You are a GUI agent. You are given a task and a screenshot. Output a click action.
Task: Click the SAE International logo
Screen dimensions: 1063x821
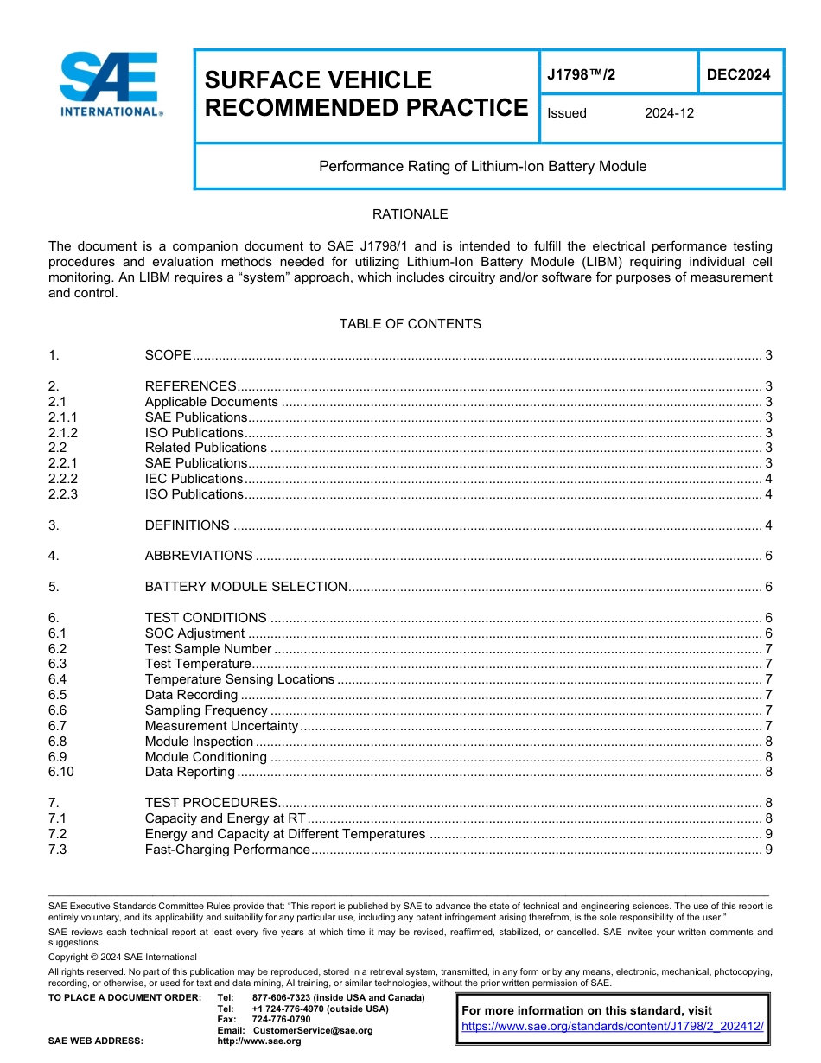111,85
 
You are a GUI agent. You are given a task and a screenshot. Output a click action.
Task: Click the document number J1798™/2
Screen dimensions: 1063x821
582,75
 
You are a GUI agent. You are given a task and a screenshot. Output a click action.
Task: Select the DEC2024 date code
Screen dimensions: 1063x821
738,75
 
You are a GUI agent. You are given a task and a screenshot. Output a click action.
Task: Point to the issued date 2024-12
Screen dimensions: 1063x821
669,113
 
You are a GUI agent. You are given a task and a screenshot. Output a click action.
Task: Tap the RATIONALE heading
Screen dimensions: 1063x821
410,214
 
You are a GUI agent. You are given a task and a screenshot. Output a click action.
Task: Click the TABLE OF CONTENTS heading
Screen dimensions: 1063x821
410,324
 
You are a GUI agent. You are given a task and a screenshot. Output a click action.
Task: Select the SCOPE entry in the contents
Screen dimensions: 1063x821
168,355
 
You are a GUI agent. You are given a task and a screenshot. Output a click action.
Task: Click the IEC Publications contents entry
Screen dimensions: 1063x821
194,479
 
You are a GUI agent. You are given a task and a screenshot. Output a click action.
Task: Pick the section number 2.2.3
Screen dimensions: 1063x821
63,494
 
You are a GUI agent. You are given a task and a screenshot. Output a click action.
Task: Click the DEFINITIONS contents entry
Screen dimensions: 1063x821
187,525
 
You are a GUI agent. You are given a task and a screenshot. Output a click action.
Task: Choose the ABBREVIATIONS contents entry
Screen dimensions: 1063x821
199,556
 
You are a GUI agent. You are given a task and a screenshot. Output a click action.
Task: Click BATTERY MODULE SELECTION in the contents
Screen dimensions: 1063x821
245,587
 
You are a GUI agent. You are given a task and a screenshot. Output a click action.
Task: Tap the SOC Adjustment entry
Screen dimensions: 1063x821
194,633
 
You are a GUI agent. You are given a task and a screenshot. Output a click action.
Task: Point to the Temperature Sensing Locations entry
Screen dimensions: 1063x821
239,679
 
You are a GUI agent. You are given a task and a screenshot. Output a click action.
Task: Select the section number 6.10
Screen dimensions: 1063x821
61,772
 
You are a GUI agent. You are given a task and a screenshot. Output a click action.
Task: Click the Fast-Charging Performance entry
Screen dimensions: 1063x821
227,850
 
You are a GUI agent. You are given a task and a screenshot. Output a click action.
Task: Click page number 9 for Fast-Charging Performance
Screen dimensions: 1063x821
768,850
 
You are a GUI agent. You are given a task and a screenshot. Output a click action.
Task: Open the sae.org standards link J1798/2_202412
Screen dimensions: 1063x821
613,1026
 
